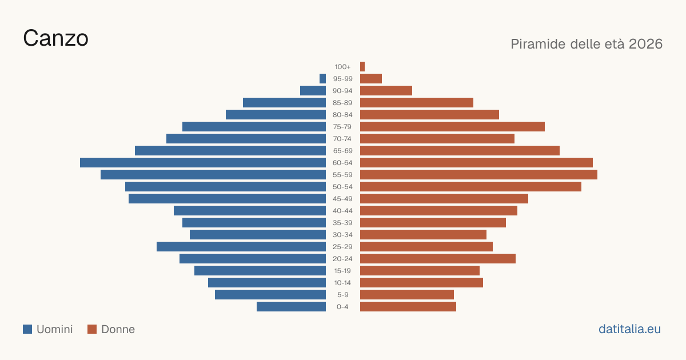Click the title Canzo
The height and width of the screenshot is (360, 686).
pyautogui.click(x=56, y=38)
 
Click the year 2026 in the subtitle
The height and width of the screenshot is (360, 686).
pyautogui.click(x=645, y=44)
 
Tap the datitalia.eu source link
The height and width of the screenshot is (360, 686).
pyautogui.click(x=629, y=329)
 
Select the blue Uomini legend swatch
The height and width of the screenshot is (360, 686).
pyautogui.click(x=27, y=329)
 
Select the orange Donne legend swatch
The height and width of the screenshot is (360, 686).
pyautogui.click(x=92, y=329)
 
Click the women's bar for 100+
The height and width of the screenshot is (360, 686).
pyautogui.click(x=362, y=66)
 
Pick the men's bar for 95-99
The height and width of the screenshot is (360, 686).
pyautogui.click(x=322, y=78)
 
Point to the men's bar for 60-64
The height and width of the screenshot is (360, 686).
pyautogui.click(x=203, y=162)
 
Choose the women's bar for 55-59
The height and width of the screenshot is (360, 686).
pyautogui.click(x=478, y=174)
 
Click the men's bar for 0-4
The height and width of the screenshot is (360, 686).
pyautogui.click(x=291, y=306)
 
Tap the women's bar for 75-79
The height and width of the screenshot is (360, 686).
pyautogui.click(x=452, y=126)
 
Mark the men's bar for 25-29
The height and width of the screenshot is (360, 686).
pyautogui.click(x=241, y=246)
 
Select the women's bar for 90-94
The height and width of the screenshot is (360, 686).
pyautogui.click(x=386, y=91)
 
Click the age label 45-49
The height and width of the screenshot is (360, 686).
pyautogui.click(x=342, y=199)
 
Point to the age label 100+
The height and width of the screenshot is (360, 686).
pyautogui.click(x=342, y=67)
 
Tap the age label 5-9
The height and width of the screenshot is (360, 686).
pyautogui.click(x=342, y=295)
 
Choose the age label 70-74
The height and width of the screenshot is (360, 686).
pyautogui.click(x=342, y=139)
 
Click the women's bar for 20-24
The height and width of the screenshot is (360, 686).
pyautogui.click(x=438, y=259)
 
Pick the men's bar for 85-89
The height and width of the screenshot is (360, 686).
pyautogui.click(x=284, y=102)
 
